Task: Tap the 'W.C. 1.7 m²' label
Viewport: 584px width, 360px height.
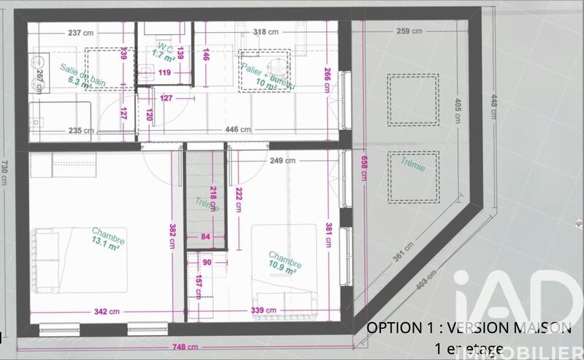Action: coord(161,52)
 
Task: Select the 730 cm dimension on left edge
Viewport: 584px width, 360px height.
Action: coord(7,174)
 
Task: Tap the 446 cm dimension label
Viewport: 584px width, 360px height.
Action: coord(238,130)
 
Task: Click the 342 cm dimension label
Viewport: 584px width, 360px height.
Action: coord(107,311)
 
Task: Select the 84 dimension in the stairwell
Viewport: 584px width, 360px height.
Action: coord(205,236)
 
